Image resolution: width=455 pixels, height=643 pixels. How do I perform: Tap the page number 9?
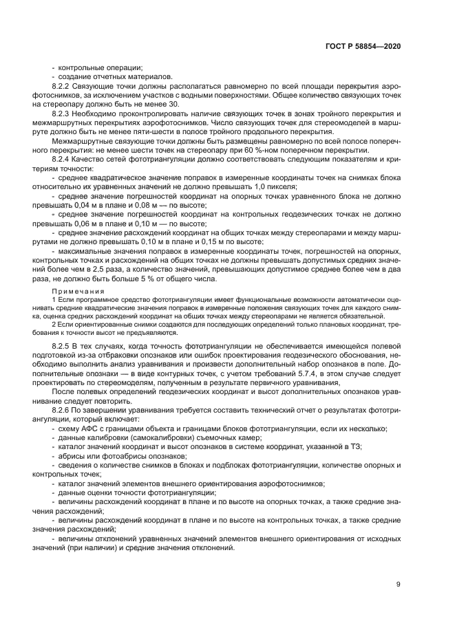(398, 585)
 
